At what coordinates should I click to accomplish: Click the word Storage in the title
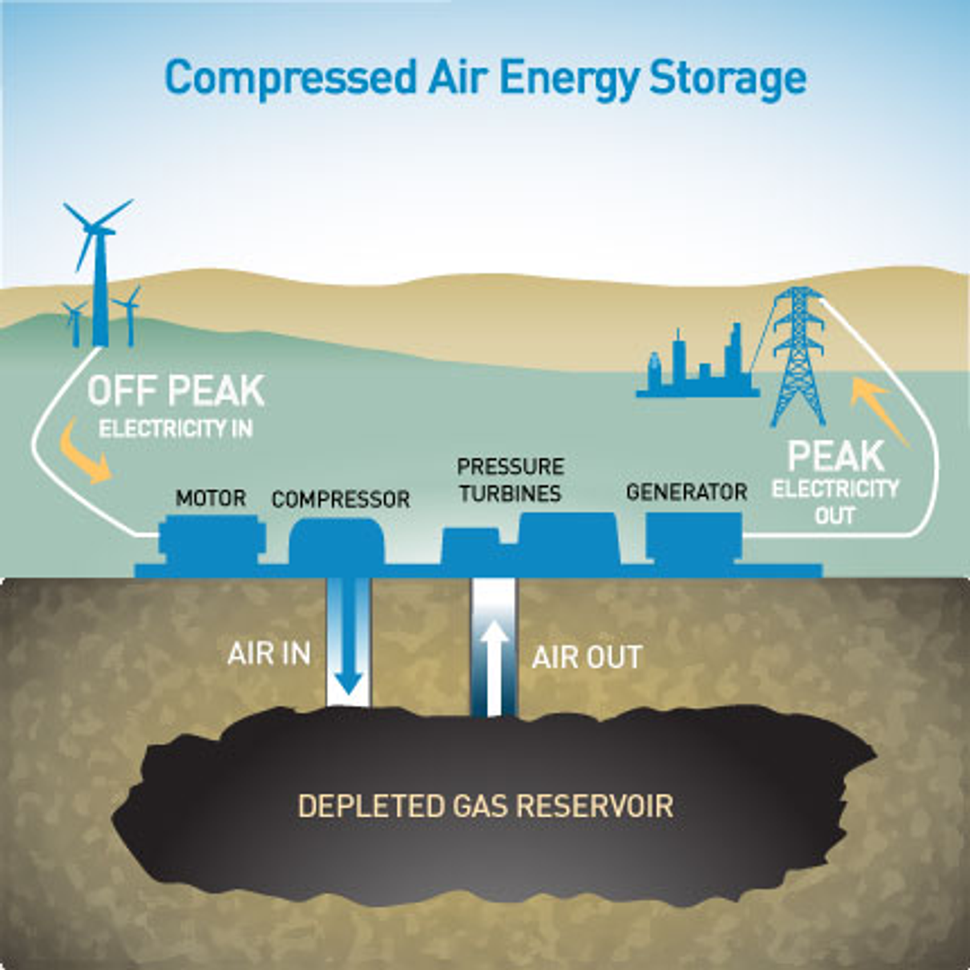coord(728,78)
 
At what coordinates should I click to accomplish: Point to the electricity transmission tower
coord(798,356)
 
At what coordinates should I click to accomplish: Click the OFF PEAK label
coord(176,391)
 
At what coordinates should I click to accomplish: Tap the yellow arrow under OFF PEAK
coord(86,451)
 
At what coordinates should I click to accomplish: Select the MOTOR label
coord(211,499)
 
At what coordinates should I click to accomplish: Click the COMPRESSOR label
coord(341,500)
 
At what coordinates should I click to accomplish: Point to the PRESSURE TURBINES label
coord(510,480)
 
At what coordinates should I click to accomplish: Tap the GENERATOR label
coord(686,492)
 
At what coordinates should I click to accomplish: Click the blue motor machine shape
coord(212,539)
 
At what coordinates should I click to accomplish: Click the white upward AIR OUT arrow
coord(494,668)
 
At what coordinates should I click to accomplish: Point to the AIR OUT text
coord(587,657)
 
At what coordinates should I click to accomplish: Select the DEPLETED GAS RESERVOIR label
coord(486,806)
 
